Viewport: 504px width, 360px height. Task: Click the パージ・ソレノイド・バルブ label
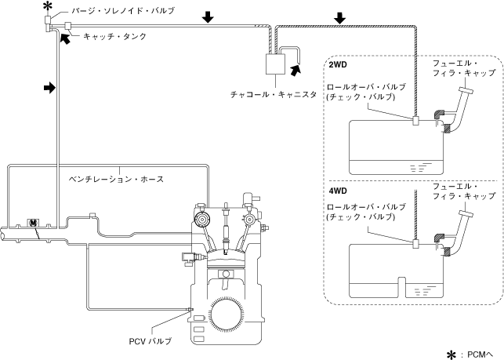tap(123, 11)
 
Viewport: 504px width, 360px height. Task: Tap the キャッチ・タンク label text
tap(114, 36)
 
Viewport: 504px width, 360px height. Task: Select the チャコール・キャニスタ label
tap(274, 95)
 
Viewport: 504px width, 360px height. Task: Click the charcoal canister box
tap(275, 64)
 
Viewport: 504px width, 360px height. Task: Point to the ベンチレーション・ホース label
tap(116, 179)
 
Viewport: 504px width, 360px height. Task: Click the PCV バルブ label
tap(150, 341)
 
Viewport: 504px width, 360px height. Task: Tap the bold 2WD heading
tap(338, 64)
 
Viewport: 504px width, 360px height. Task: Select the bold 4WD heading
tap(338, 191)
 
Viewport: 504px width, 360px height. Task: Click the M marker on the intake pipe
tap(33, 223)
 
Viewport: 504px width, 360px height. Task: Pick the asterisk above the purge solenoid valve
tap(47, 5)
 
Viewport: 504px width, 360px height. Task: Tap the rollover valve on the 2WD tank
tap(415, 121)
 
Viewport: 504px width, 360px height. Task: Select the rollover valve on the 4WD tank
tap(415, 244)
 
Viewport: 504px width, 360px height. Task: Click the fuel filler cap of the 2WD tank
tap(466, 90)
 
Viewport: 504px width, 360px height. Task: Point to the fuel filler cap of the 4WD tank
tap(466, 213)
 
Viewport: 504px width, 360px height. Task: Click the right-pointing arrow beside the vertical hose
tap(49, 88)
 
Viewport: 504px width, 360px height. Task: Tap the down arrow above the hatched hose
tap(339, 18)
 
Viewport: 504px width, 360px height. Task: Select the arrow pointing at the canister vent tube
tap(296, 70)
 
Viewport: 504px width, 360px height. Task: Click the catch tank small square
tap(68, 25)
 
